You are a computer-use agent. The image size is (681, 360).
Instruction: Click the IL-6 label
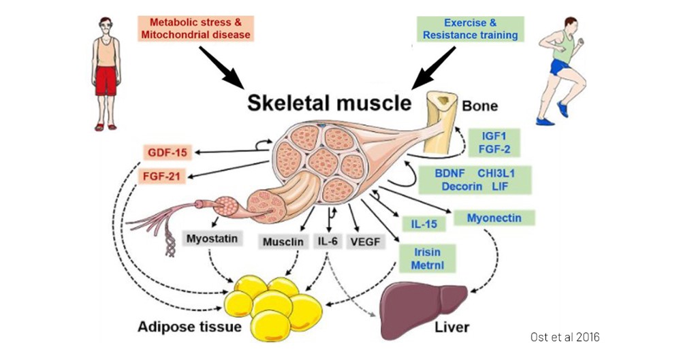[328, 242]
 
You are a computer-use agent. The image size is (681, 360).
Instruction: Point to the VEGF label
[364, 242]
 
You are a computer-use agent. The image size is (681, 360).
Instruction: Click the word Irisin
[428, 252]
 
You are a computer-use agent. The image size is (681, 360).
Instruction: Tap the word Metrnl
[428, 266]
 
